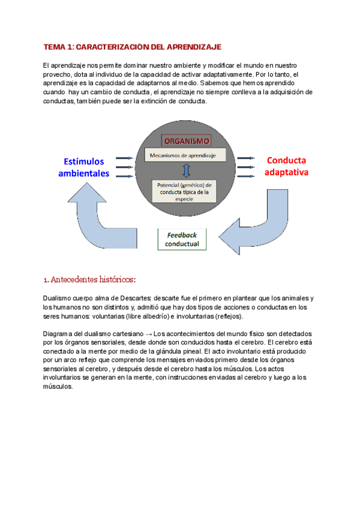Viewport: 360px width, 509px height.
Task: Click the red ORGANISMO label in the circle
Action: [x=185, y=141]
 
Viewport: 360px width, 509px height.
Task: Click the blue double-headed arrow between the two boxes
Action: [x=186, y=171]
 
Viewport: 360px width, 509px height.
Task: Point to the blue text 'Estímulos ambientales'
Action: [x=84, y=167]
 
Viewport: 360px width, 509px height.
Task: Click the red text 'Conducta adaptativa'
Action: [x=286, y=166]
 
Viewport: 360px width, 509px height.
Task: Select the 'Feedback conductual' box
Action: [x=182, y=239]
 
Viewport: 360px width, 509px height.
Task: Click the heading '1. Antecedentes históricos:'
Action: [x=89, y=279]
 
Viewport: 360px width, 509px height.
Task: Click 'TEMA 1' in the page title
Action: [x=59, y=46]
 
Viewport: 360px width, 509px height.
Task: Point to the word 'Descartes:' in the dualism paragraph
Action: [x=136, y=298]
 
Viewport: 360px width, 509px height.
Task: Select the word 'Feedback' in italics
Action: [x=182, y=235]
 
